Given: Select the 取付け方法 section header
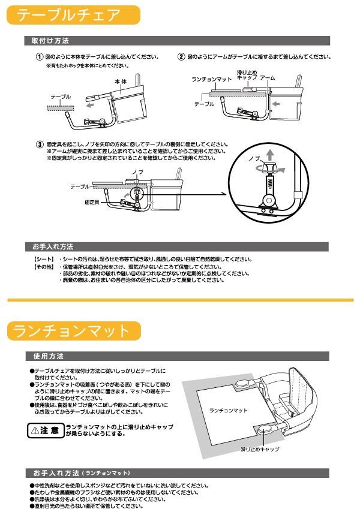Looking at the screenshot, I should [50, 41].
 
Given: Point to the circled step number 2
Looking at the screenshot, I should [181, 58].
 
